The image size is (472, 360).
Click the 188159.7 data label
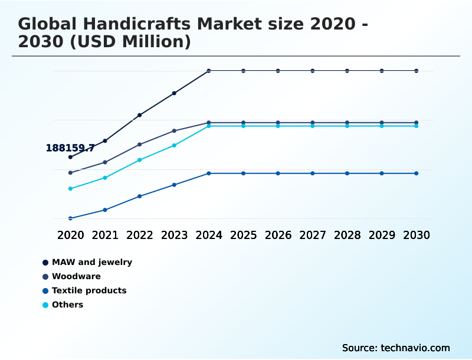click(x=70, y=148)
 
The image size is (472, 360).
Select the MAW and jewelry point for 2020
click(x=70, y=157)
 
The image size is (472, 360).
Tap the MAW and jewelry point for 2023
click(x=174, y=93)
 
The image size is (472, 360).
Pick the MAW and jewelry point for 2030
click(x=417, y=71)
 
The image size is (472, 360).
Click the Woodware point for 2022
click(x=140, y=144)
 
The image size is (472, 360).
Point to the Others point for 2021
click(x=105, y=178)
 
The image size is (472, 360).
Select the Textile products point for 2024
click(x=209, y=174)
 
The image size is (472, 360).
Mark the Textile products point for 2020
click(x=70, y=218)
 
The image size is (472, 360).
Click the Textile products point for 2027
click(x=313, y=174)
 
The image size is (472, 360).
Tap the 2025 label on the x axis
click(x=243, y=235)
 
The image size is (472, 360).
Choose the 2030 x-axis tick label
click(x=417, y=235)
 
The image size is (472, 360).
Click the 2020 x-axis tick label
click(x=70, y=235)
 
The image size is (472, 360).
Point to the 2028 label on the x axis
click(x=347, y=235)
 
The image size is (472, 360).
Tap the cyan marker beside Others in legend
click(x=45, y=305)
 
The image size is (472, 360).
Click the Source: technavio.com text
click(x=396, y=348)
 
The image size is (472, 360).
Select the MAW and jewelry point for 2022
click(x=140, y=115)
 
